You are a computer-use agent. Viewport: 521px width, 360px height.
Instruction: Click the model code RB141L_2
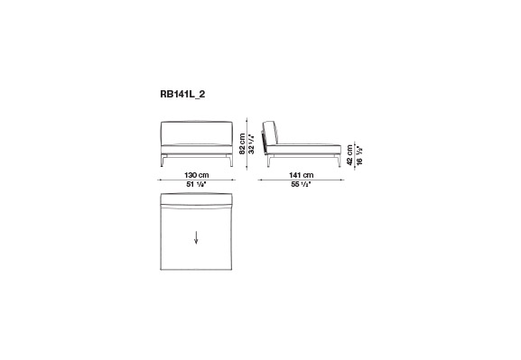click(182, 95)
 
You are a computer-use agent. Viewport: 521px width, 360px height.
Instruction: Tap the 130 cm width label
click(196, 175)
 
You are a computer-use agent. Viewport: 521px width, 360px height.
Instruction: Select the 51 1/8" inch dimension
click(196, 184)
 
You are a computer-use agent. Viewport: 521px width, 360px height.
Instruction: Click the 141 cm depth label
click(301, 175)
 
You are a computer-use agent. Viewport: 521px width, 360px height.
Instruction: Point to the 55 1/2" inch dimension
click(301, 184)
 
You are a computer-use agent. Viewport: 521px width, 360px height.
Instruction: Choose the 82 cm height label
click(242, 144)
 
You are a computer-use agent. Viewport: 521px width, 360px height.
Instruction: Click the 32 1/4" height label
click(252, 144)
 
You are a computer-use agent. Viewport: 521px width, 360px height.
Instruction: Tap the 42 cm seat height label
click(349, 155)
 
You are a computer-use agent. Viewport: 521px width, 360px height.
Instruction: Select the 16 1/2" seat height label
click(358, 155)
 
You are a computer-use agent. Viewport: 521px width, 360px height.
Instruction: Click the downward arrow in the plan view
click(196, 238)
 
